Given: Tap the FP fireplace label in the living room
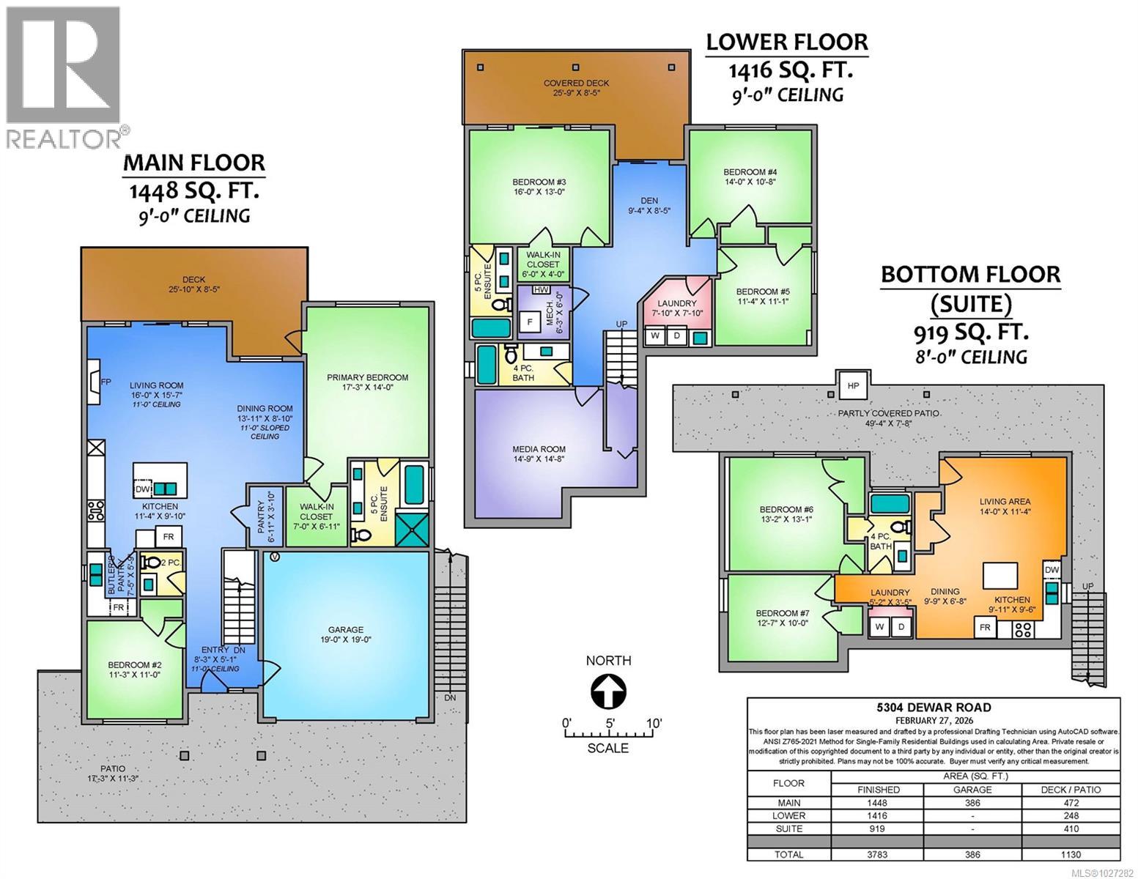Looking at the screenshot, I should pos(106,381).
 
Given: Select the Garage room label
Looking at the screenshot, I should pos(345,629).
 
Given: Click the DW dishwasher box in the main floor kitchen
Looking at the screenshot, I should pos(142,489).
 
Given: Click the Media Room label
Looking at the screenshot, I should pos(539,449).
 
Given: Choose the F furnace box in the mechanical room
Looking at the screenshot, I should pos(528,320).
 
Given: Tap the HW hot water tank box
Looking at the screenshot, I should pos(542,290).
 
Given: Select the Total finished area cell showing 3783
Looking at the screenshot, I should pos(878,854).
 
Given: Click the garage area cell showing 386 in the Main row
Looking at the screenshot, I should pos(972,802).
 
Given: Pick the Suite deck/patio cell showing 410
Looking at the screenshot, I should pos(1070,828).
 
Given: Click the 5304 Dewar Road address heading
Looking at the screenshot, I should pos(934,707).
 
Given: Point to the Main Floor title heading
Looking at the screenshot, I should pos(194,162).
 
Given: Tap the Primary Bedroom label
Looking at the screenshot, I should pos(367,377).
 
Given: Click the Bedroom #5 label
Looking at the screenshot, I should pos(762,291).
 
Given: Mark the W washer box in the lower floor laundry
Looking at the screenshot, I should pos(655,336).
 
